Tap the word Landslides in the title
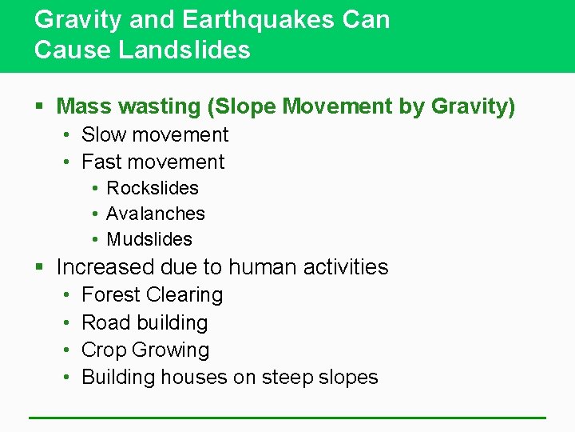click(x=184, y=50)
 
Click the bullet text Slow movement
click(x=155, y=134)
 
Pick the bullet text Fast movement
click(x=153, y=162)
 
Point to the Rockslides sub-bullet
click(x=153, y=188)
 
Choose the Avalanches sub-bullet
click(x=156, y=214)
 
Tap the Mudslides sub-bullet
click(x=149, y=239)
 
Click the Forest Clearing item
click(x=153, y=294)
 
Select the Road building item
click(x=145, y=322)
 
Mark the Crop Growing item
click(x=145, y=350)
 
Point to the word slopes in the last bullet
click(x=348, y=377)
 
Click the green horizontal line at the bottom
click(x=287, y=418)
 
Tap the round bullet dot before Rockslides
click(x=94, y=189)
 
